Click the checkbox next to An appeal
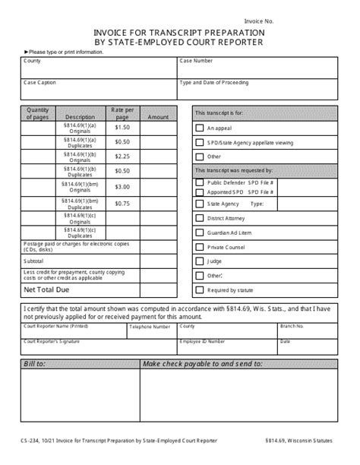tap(199, 128)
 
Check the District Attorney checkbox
tap(199, 219)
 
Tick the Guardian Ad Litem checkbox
tap(199, 232)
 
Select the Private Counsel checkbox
tap(199, 247)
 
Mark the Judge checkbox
tap(199, 261)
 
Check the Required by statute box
tap(199, 289)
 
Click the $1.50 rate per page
tap(122, 128)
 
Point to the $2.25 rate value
tap(122, 157)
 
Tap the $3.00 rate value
tap(122, 187)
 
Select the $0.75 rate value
tap(122, 203)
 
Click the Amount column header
tap(158, 118)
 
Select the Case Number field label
tap(197, 60)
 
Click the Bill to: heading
tap(36, 365)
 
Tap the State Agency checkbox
tap(199, 204)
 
